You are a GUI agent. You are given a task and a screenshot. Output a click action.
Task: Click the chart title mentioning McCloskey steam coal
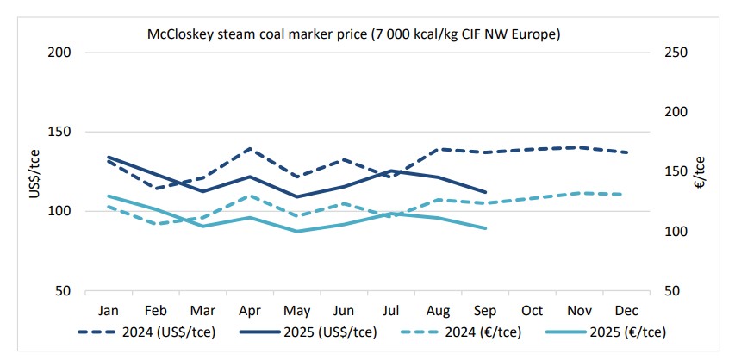pyautogui.click(x=352, y=34)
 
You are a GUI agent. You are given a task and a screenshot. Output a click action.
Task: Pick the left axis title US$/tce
pyautogui.click(x=34, y=172)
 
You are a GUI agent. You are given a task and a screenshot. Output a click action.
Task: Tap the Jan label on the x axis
pyautogui.click(x=109, y=309)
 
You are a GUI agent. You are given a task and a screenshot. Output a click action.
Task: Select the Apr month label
pyautogui.click(x=249, y=309)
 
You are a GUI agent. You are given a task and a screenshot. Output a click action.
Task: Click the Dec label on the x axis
pyautogui.click(x=626, y=309)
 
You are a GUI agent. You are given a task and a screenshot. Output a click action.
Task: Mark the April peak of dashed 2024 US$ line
pyautogui.click(x=249, y=148)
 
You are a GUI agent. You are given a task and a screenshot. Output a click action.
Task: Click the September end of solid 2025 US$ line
pyautogui.click(x=486, y=192)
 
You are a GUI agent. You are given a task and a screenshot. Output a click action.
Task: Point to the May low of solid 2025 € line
pyautogui.click(x=297, y=231)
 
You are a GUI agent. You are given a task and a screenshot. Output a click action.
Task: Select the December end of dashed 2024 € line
pyautogui.click(x=626, y=195)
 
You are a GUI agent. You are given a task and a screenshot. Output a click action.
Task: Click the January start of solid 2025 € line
pyautogui.click(x=109, y=196)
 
